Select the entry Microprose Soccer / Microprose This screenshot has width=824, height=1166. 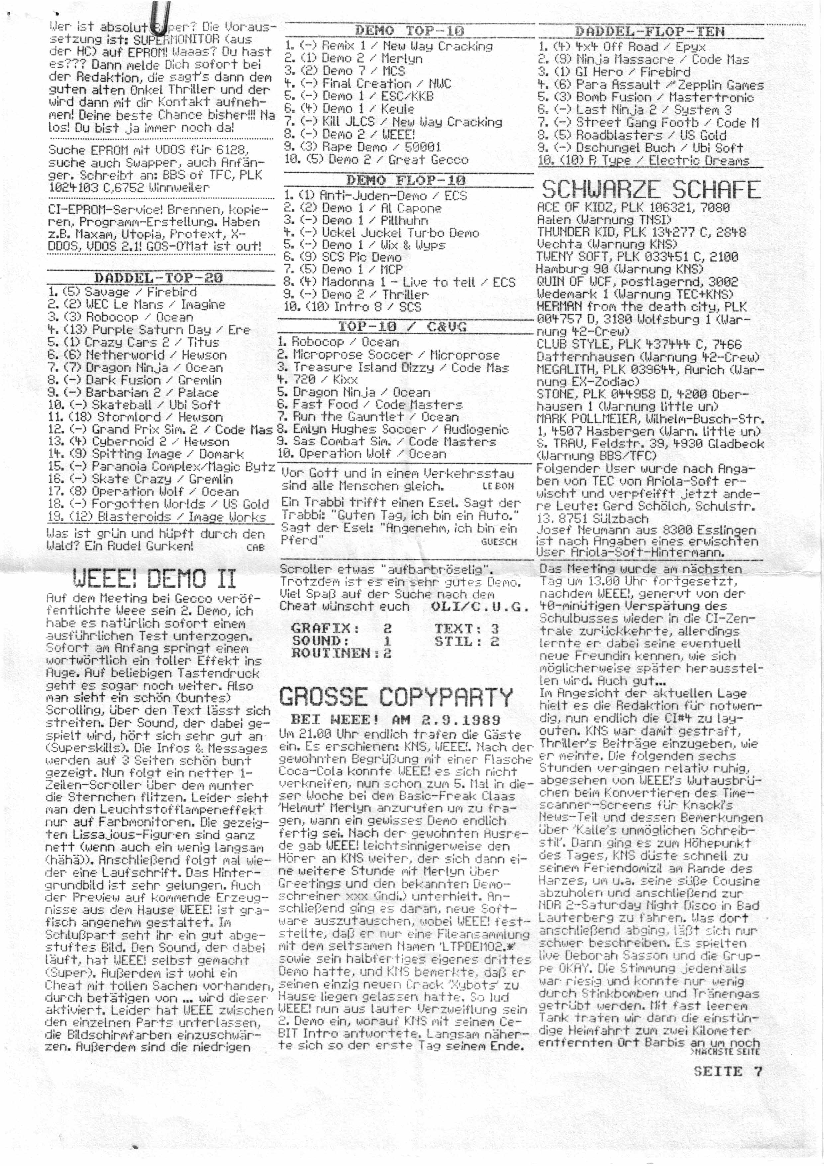388,355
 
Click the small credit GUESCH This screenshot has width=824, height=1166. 499,542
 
